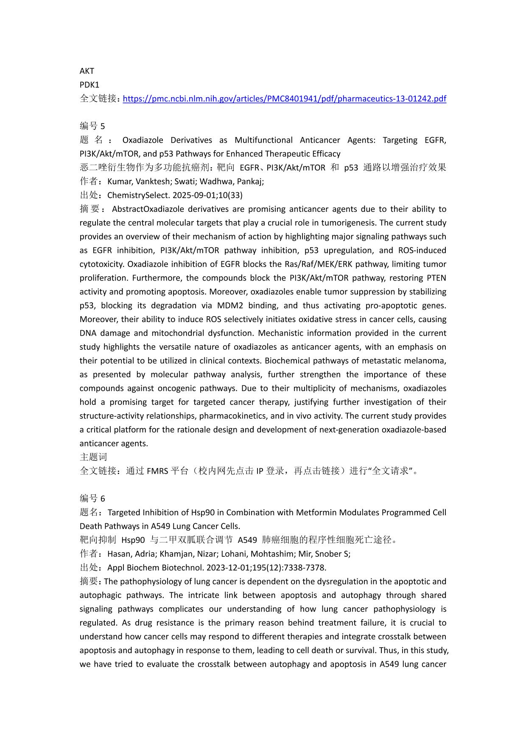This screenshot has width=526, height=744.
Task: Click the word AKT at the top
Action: (x=87, y=71)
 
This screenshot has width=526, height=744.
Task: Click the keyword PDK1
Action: (x=89, y=85)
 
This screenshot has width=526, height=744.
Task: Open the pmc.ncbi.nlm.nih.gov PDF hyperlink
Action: (x=284, y=99)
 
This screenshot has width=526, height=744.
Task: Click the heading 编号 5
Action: (x=92, y=126)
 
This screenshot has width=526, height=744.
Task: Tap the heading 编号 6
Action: (x=92, y=499)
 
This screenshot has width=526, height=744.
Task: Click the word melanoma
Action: (x=428, y=361)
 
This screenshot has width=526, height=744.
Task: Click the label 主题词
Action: (x=93, y=457)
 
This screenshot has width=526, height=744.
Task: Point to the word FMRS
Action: (x=157, y=471)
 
